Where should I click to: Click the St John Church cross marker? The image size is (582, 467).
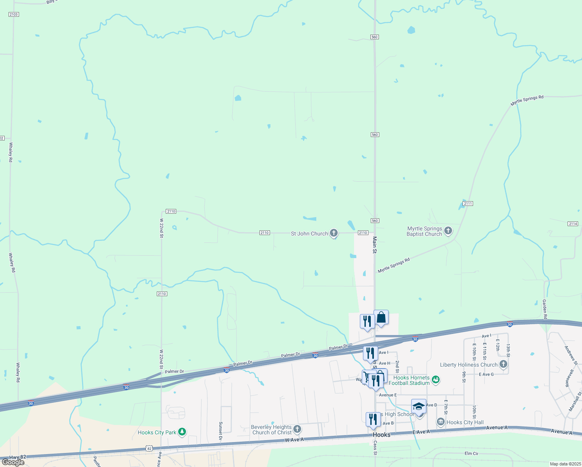(x=333, y=233)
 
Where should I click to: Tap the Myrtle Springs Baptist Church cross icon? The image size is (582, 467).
(x=448, y=231)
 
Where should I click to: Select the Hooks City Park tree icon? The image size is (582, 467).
(x=182, y=432)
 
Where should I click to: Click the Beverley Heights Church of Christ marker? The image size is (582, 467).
(x=297, y=429)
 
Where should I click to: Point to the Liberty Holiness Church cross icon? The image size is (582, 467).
(x=503, y=364)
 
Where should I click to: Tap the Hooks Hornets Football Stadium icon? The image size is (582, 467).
(x=436, y=379)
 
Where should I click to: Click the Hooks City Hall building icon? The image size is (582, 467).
(x=440, y=422)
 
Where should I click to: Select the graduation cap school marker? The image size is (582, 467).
(x=419, y=406)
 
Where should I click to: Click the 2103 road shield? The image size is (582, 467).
(x=13, y=14)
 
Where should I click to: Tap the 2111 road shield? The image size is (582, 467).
(x=468, y=204)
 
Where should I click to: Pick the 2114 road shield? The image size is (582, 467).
(x=573, y=224)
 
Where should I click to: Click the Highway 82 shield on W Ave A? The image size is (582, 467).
(x=149, y=448)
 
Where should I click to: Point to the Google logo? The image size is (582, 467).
(x=13, y=462)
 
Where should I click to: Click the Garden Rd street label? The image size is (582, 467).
(x=545, y=309)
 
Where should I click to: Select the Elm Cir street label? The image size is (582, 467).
(x=472, y=453)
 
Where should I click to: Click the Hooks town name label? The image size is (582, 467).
(x=381, y=435)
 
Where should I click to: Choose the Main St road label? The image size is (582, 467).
(x=375, y=245)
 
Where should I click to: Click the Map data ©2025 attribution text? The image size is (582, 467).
(x=565, y=464)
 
